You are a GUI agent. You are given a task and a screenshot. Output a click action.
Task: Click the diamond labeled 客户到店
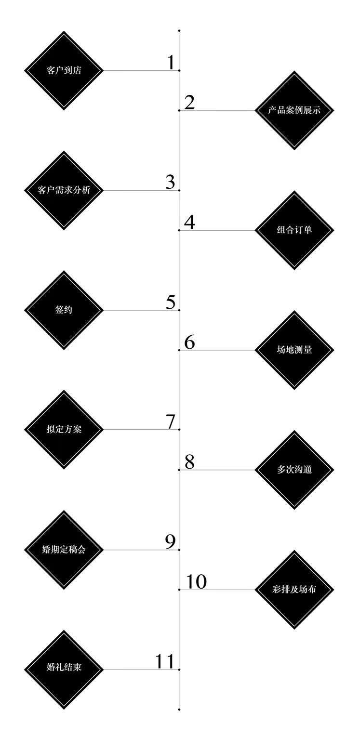click(64, 70)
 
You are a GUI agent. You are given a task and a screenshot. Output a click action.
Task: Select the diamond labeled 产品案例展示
click(294, 111)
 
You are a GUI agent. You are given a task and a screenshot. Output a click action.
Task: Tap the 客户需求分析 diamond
click(64, 190)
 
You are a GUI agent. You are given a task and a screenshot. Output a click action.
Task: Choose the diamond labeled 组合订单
click(294, 230)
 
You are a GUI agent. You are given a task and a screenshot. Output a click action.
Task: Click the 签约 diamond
click(64, 310)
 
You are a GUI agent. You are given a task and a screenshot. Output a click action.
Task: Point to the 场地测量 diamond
click(294, 350)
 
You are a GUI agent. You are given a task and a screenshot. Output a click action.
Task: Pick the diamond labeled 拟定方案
click(64, 429)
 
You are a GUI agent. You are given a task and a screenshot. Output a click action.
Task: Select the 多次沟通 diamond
click(294, 470)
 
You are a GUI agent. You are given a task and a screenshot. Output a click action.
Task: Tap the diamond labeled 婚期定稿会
click(64, 550)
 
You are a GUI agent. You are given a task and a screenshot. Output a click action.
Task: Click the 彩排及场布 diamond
click(294, 590)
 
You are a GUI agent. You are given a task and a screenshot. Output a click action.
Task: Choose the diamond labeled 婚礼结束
click(64, 670)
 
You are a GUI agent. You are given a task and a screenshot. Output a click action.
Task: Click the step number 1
click(171, 62)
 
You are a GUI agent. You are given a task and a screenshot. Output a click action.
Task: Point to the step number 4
click(189, 222)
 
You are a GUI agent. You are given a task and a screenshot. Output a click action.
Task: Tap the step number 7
click(171, 421)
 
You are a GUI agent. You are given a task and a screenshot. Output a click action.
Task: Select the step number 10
click(197, 581)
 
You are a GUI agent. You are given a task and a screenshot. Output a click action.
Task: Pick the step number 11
click(164, 661)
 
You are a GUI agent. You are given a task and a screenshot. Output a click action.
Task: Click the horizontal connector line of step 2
click(217, 111)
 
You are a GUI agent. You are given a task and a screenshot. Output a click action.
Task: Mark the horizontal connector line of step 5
click(142, 310)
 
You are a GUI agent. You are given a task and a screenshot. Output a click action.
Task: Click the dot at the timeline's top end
click(179, 31)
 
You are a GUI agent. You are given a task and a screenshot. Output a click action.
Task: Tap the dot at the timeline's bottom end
click(179, 710)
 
